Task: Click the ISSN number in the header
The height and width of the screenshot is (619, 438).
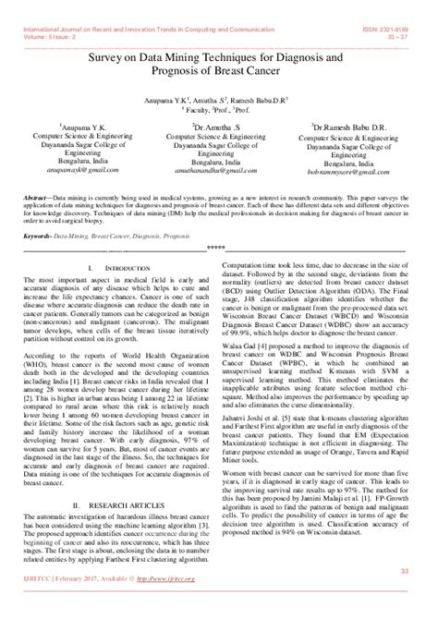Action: point(400,6)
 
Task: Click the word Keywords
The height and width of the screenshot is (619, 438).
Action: point(37,236)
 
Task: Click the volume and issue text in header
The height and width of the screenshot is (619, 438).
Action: point(46,15)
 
